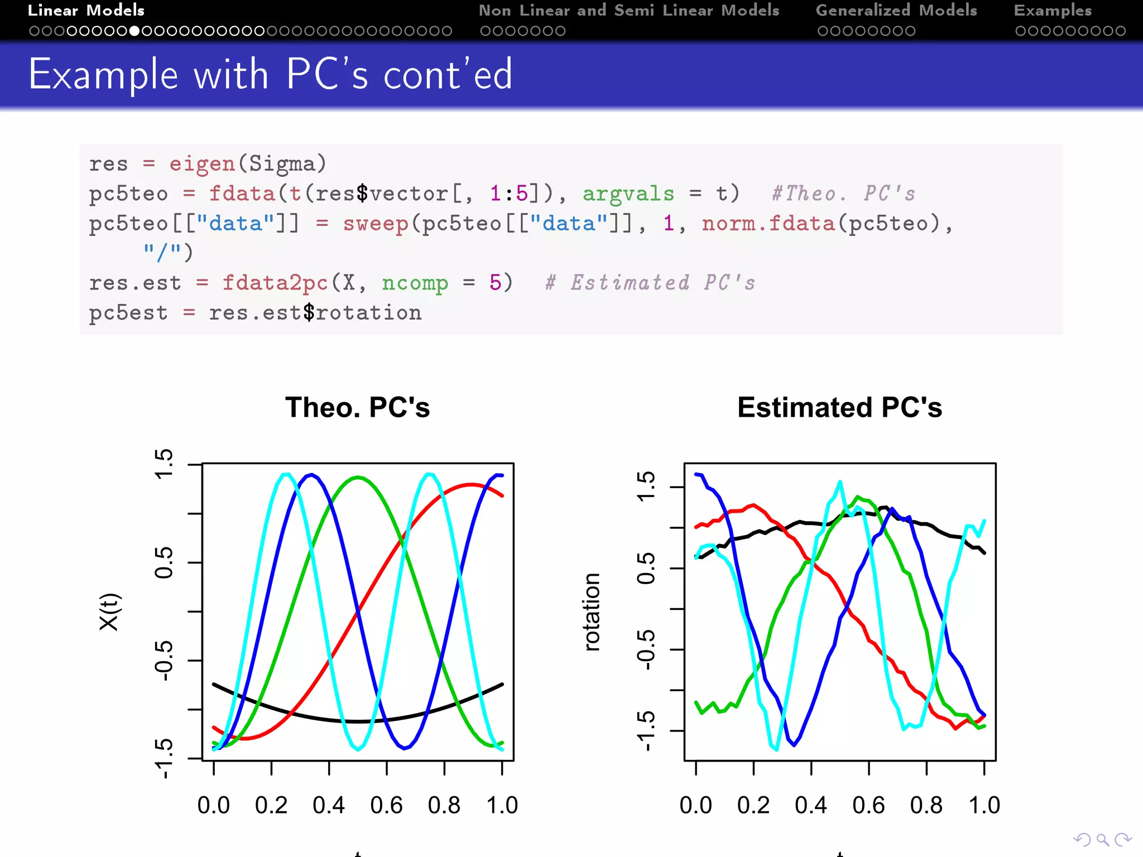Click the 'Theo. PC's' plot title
(357, 407)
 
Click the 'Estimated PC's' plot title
(839, 407)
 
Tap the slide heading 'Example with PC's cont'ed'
(270, 74)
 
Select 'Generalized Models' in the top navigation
(896, 11)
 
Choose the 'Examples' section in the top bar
(1053, 11)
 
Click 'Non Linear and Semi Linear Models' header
(628, 11)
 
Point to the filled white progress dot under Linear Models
(135, 31)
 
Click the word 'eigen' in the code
(202, 164)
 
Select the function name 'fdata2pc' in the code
(275, 283)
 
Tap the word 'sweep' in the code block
(375, 224)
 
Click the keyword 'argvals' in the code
(628, 194)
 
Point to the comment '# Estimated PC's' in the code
(650, 283)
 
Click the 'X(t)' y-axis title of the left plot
(109, 612)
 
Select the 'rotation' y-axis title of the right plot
(592, 612)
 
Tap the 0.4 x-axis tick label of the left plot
(329, 805)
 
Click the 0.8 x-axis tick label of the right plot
(926, 805)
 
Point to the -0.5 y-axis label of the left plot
(164, 661)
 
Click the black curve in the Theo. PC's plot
(357, 721)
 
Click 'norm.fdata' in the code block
(768, 224)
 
